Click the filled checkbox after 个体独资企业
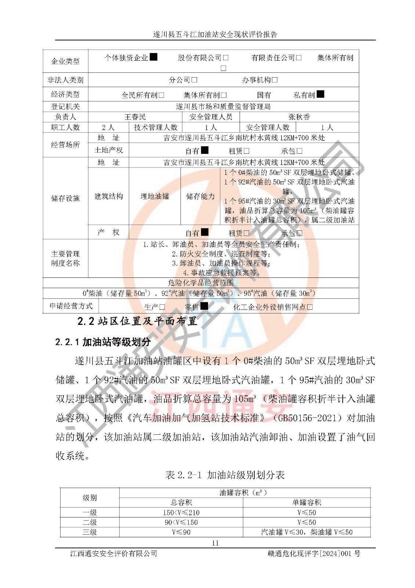point(154,57)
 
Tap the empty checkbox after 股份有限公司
point(226,58)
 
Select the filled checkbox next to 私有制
point(320,94)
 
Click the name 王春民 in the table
point(135,117)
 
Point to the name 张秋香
point(299,117)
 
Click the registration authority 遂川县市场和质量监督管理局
point(223,107)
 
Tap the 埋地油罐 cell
point(155,196)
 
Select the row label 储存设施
point(65,198)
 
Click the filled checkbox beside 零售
point(204,306)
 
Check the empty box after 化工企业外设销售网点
point(310,307)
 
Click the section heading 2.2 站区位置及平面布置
point(137,321)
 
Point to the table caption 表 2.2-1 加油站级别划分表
point(225,475)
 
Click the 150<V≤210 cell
point(181,512)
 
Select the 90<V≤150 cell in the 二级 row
point(181,522)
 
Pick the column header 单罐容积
point(306,502)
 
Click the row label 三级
point(90,532)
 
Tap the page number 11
point(215,543)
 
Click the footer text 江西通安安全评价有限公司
point(113,553)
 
